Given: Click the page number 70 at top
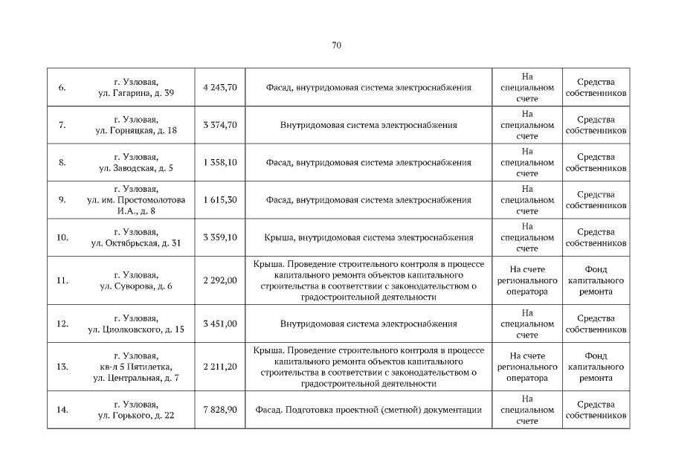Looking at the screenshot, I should pos(336,45).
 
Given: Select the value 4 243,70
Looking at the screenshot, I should pos(219,87).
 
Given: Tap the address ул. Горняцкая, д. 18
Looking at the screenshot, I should pos(136,131).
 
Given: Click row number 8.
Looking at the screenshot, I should pos(62,162).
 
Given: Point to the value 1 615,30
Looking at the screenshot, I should pos(219,200).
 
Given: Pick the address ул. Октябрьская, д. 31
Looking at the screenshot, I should pos(136,243).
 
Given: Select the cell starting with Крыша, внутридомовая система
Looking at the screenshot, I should pos(369,238).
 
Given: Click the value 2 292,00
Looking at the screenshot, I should pos(219,280).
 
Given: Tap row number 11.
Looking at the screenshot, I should pos(62,280).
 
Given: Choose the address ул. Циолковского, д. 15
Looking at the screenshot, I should pos(136,329).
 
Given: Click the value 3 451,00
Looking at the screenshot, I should pos(219,324).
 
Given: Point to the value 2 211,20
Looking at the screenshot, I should pos(219,366).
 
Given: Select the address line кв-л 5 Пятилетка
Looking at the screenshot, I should pos(136,367).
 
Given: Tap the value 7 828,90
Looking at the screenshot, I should pos(219,409).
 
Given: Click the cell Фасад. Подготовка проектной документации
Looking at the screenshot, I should pos(369,409).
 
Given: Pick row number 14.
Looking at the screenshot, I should pos(62,409).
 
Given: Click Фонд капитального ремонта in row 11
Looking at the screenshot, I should pos(596,280).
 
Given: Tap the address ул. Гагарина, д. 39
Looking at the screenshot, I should pos(136,94).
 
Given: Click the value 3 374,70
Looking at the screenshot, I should pos(219,125).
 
